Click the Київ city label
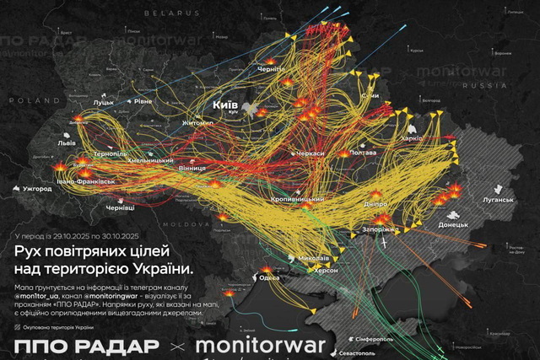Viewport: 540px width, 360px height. click(x=225, y=104)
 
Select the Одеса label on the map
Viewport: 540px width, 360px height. click(x=269, y=278)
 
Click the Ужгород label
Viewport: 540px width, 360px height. click(x=36, y=189)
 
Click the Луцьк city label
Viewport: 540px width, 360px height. click(x=103, y=103)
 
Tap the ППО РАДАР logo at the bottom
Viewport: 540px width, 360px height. click(x=87, y=347)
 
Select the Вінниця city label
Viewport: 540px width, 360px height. click(x=192, y=169)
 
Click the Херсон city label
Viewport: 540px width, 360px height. click(x=327, y=270)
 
